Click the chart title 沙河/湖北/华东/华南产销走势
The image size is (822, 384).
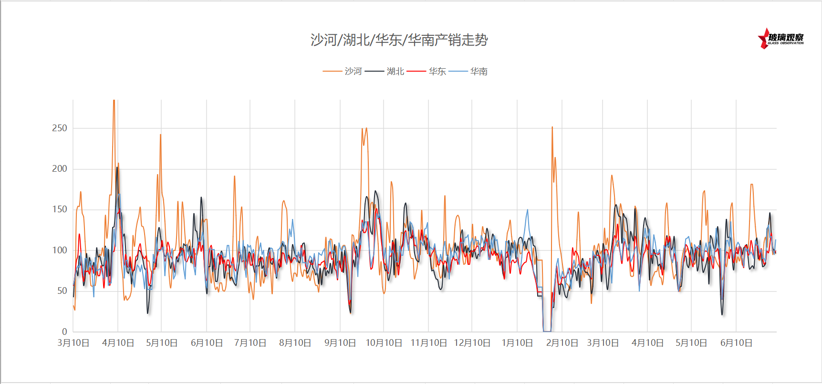pyautogui.click(x=399, y=40)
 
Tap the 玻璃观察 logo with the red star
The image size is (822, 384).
pyautogui.click(x=780, y=39)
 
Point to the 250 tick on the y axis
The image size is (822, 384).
pyautogui.click(x=60, y=128)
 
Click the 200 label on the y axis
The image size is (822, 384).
pyautogui.click(x=60, y=168)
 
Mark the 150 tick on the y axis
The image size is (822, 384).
pyautogui.click(x=60, y=209)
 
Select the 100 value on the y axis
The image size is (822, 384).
pyautogui.click(x=60, y=250)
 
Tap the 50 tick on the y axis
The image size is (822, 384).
pyautogui.click(x=62, y=291)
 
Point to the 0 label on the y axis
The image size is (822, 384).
pyautogui.click(x=64, y=332)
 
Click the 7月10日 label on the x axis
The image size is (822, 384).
pyautogui.click(x=250, y=343)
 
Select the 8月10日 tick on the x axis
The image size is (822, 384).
pyautogui.click(x=295, y=343)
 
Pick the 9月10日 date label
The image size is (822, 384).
pyautogui.click(x=340, y=343)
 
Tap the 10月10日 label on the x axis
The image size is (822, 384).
pyautogui.click(x=384, y=343)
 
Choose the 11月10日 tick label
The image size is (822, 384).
pyautogui.click(x=428, y=343)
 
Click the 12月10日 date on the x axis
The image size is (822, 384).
pyautogui.click(x=472, y=343)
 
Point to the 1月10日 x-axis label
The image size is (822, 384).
pyautogui.click(x=517, y=343)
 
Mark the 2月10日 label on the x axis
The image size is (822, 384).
pyautogui.click(x=562, y=343)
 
